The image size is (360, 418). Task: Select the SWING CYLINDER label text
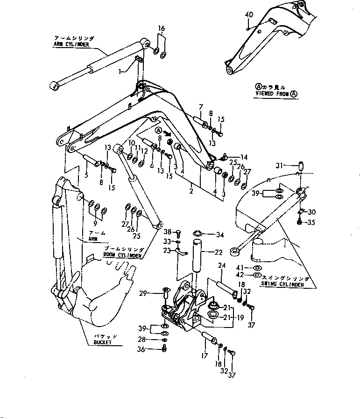point(285,285)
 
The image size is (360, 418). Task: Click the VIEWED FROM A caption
point(276,93)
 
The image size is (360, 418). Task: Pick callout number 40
point(249,15)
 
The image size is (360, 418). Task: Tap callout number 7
point(200,107)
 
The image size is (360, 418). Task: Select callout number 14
point(244,157)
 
